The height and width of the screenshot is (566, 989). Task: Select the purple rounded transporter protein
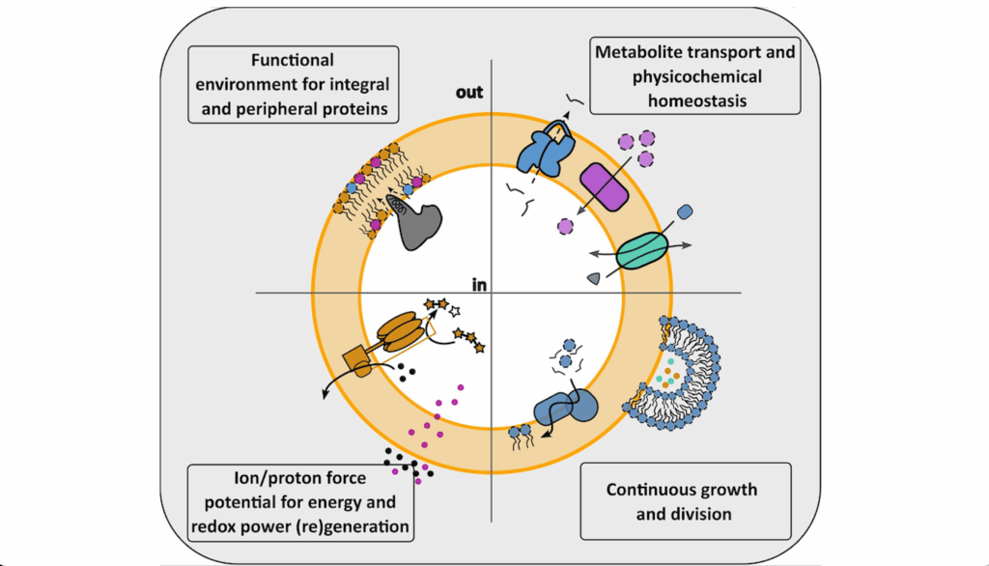pos(604,185)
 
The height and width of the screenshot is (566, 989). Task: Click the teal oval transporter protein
pos(641,248)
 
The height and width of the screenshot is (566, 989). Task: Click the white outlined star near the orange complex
pos(456,311)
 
